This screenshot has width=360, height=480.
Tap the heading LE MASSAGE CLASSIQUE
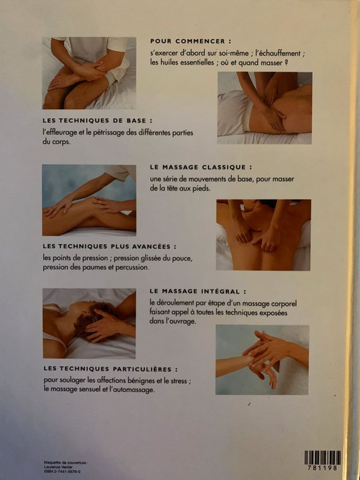202,167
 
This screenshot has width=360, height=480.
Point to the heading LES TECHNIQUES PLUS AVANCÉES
110,246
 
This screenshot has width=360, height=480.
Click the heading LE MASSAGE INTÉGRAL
198,291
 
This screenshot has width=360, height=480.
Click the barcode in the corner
322,458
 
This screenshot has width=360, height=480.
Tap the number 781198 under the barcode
322,468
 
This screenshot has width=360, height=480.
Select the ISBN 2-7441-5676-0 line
62,472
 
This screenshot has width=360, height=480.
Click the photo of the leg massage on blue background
89,200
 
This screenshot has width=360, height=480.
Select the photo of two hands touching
262,360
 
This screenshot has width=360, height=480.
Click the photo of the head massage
89,323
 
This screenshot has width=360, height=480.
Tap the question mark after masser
286,64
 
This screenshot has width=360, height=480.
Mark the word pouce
183,259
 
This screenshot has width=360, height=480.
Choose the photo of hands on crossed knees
89,73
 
